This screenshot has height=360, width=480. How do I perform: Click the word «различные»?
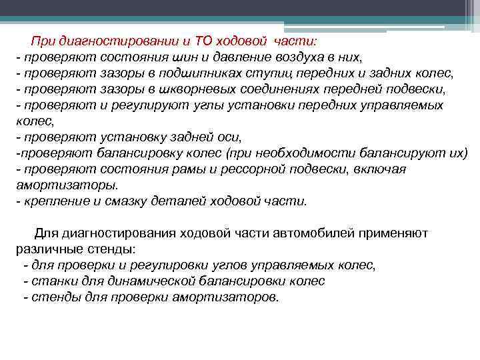43,249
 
